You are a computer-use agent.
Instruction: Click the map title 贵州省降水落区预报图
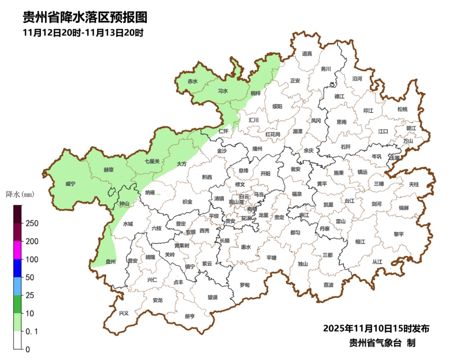pos(85,17)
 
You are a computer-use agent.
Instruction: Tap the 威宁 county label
pos(70,184)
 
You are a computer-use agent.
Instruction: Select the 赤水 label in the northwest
pos(192,82)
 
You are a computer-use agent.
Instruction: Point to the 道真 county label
pos(307,53)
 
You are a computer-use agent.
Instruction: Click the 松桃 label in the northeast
pos(402,109)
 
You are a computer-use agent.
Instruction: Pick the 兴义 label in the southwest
pos(124,313)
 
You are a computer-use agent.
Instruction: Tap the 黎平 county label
pos(399,234)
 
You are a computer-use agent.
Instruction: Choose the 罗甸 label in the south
pos(245,285)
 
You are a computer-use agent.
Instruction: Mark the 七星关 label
pos(152,161)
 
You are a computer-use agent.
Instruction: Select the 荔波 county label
pos(328,285)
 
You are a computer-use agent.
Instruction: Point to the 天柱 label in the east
pos(414,184)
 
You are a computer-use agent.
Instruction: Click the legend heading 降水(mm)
pos(20,195)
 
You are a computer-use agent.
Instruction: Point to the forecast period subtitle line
pos(83,33)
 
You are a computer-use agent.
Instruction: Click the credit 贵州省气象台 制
pos(382,343)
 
